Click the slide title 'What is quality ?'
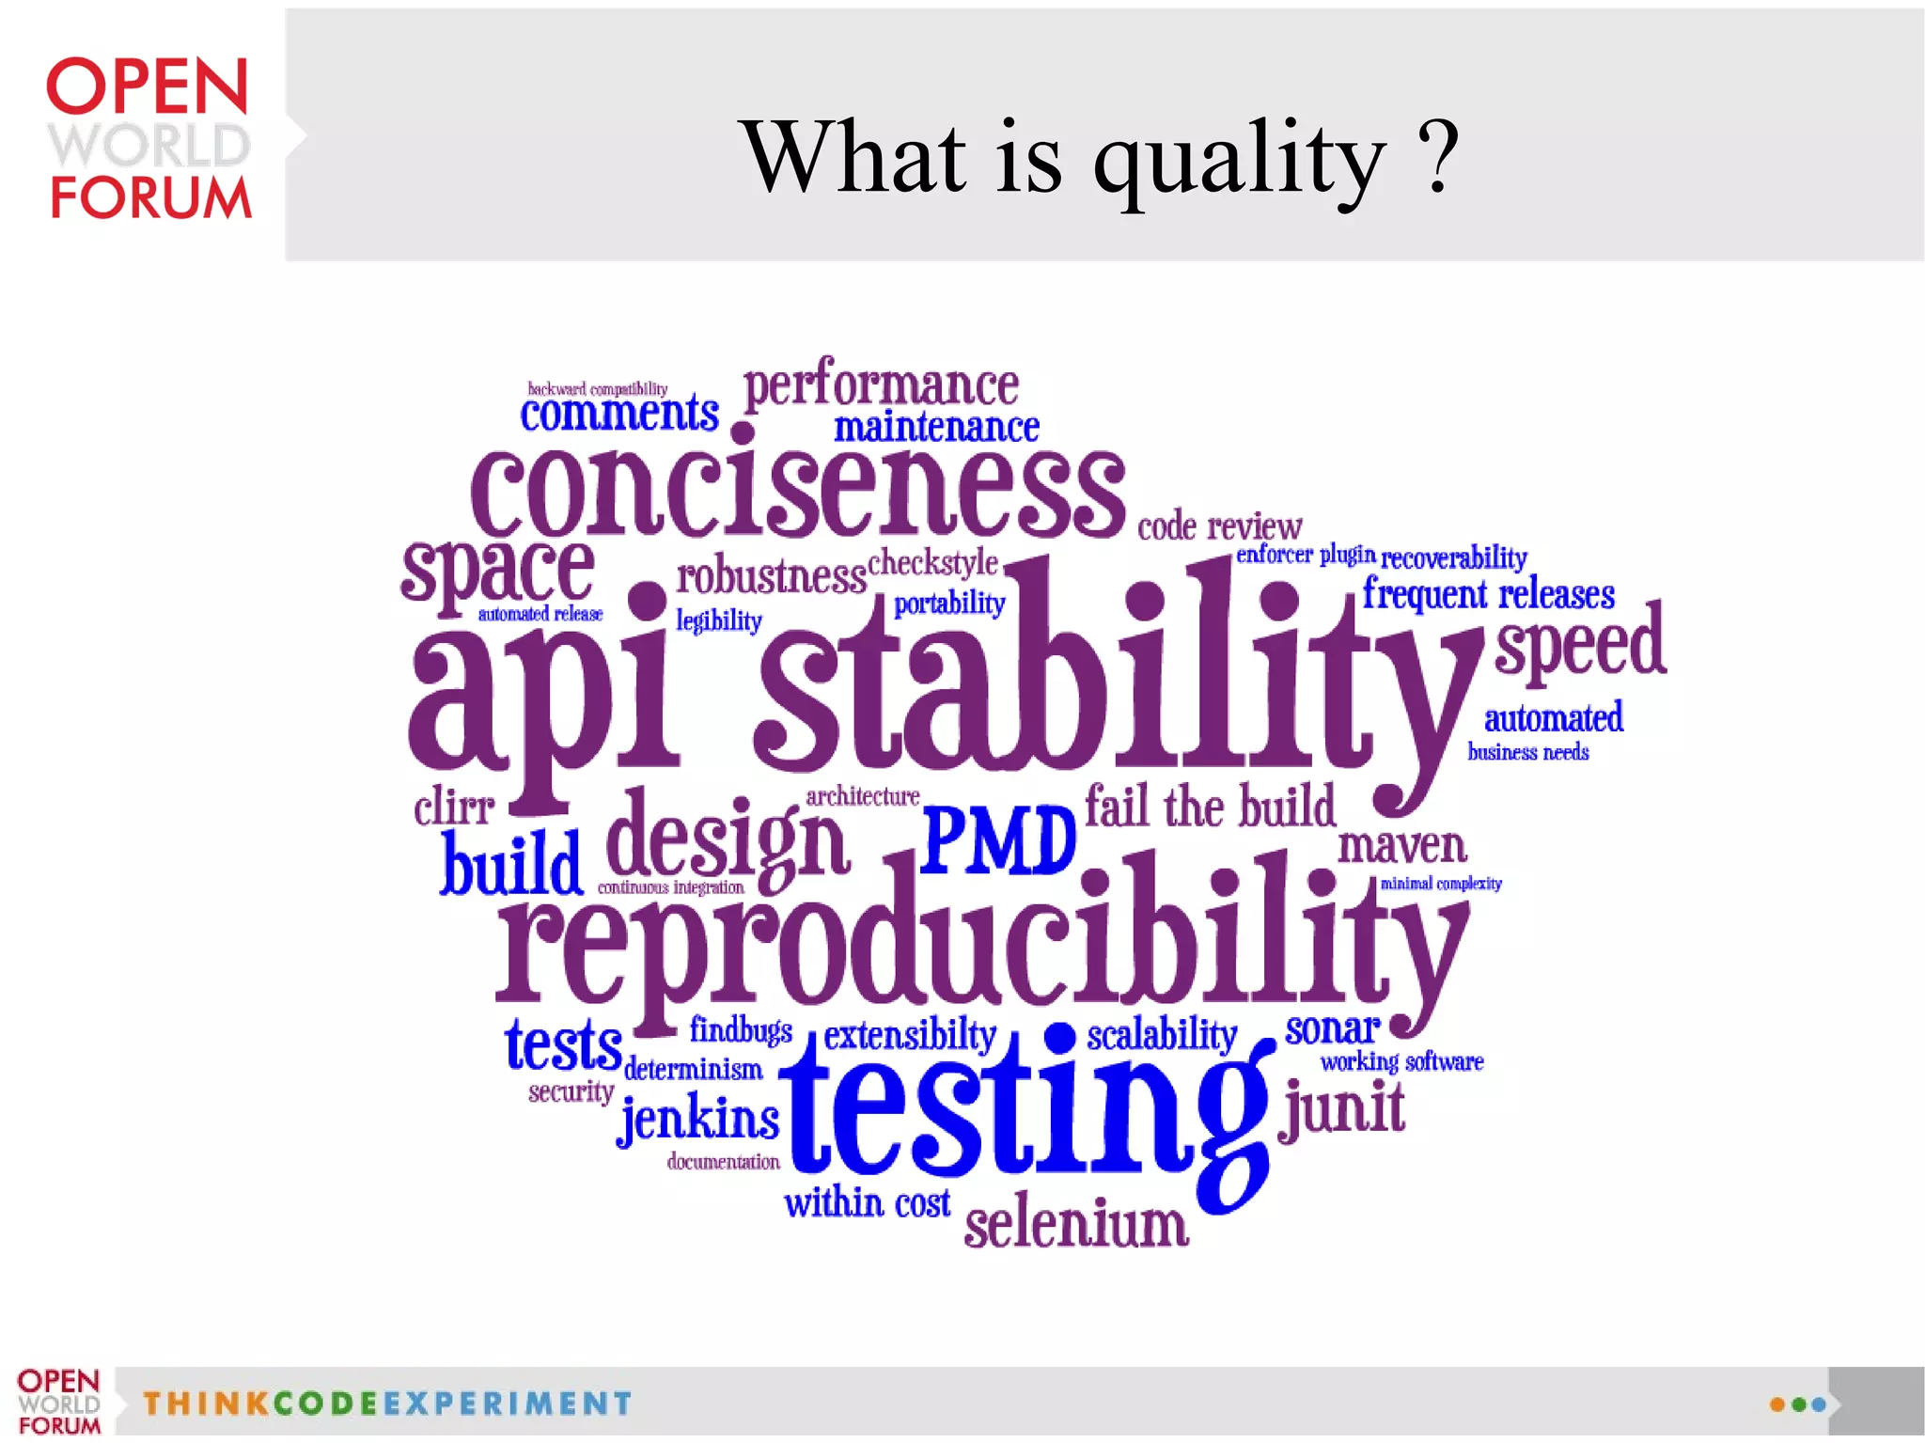tap(1100, 158)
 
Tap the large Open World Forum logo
tap(149, 139)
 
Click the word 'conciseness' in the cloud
tap(797, 493)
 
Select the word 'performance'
tap(881, 385)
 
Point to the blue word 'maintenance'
tap(936, 428)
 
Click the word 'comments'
tap(619, 415)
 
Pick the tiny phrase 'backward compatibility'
tap(597, 388)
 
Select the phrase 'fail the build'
tap(1210, 808)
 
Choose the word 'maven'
tap(1401, 846)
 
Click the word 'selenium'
tap(1076, 1225)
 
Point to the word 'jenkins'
tap(699, 1120)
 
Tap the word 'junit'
tap(1342, 1108)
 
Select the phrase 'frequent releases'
tap(1489, 594)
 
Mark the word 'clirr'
tap(454, 808)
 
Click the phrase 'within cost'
tap(867, 1203)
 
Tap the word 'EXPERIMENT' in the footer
tap(508, 1404)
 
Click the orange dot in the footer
tap(1776, 1404)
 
